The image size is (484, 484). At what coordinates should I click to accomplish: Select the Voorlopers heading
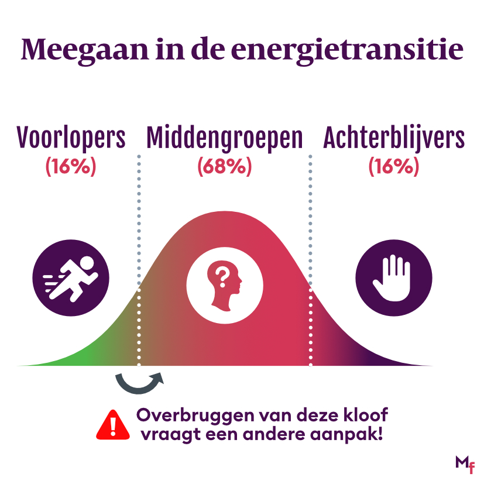pos(71,138)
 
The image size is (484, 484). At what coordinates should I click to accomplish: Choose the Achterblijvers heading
pos(394,138)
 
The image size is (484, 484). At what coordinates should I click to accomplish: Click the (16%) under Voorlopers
pos(70,167)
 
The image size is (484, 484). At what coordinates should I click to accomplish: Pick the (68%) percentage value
pos(224,167)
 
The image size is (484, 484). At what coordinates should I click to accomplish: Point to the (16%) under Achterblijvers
pos(393,167)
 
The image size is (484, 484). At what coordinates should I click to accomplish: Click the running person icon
pos(71,277)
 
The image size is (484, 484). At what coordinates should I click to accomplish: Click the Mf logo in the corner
pos(464,464)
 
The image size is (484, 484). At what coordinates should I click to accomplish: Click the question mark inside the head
pos(221,273)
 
